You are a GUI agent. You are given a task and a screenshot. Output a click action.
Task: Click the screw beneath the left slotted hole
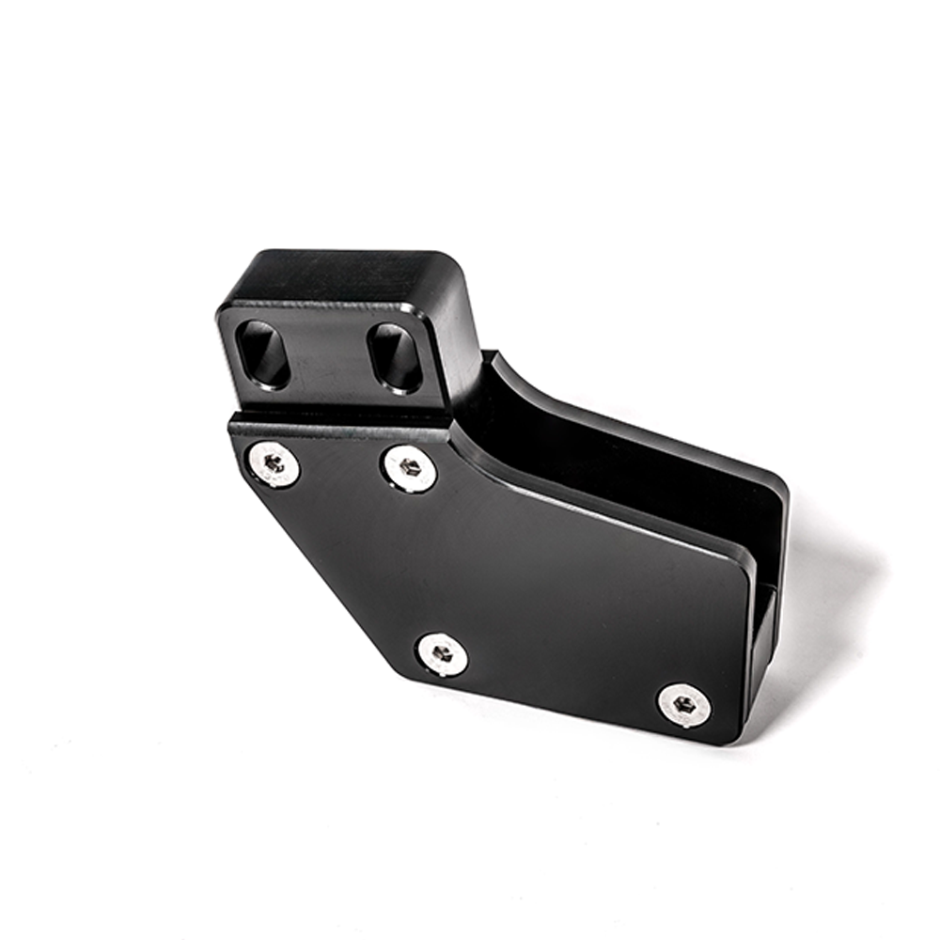click(x=274, y=463)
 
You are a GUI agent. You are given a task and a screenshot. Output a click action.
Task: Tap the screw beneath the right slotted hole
click(x=410, y=467)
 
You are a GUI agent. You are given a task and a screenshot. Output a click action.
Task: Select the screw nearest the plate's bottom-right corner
click(x=684, y=704)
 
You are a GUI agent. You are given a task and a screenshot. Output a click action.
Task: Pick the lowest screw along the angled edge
click(x=443, y=653)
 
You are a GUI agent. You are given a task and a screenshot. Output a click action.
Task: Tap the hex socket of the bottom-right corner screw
click(x=684, y=704)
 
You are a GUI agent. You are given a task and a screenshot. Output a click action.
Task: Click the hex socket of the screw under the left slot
click(x=274, y=463)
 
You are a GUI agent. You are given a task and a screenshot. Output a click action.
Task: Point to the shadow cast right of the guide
click(x=827, y=602)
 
